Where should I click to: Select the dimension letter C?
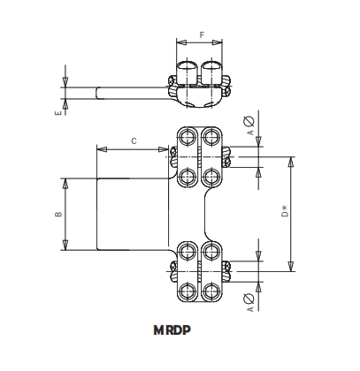coord(132,140)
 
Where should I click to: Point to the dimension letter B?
coord(57,214)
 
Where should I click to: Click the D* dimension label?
coord(283,213)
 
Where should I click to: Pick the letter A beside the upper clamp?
coord(250,132)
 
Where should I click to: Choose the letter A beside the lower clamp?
coord(250,309)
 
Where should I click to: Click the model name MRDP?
coord(179,335)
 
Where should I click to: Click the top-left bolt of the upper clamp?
coord(188,138)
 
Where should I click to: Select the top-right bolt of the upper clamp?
coord(211,138)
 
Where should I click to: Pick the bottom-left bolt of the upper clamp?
coord(188,175)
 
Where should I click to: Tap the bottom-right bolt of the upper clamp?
coord(211,175)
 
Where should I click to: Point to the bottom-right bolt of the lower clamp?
coord(211,291)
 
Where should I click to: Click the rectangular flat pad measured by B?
coord(133,214)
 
